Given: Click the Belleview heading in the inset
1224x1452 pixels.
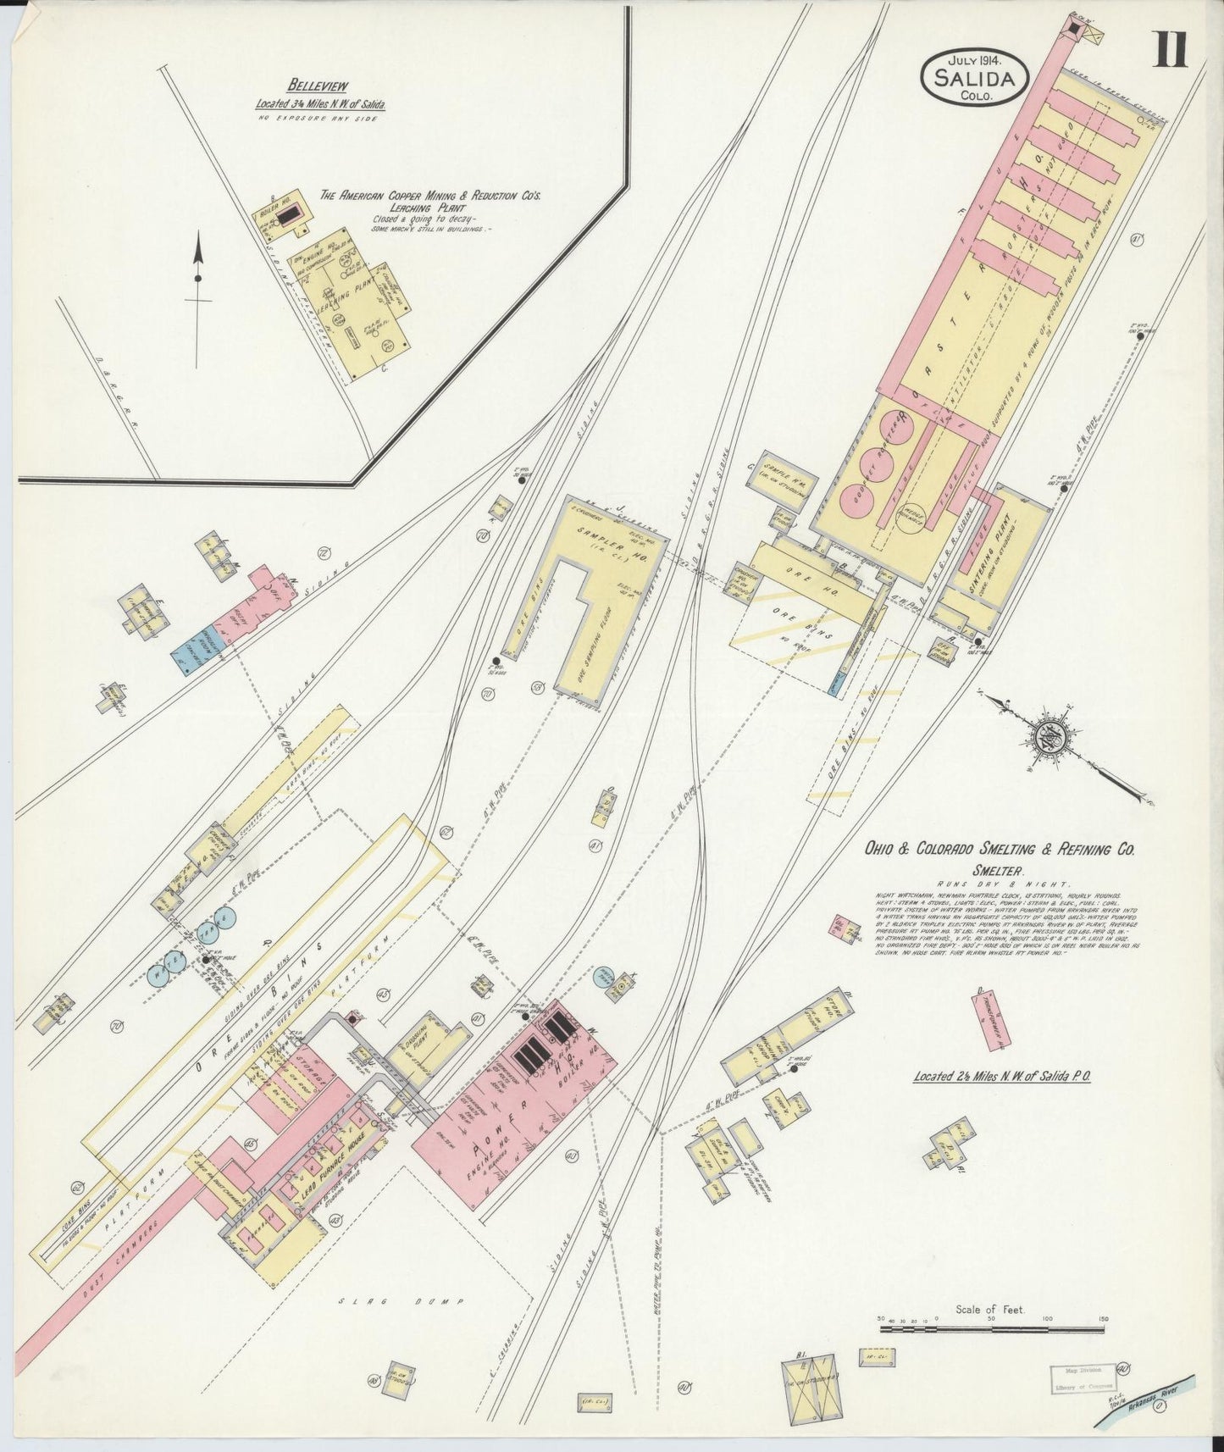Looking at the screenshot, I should click(x=318, y=85).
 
